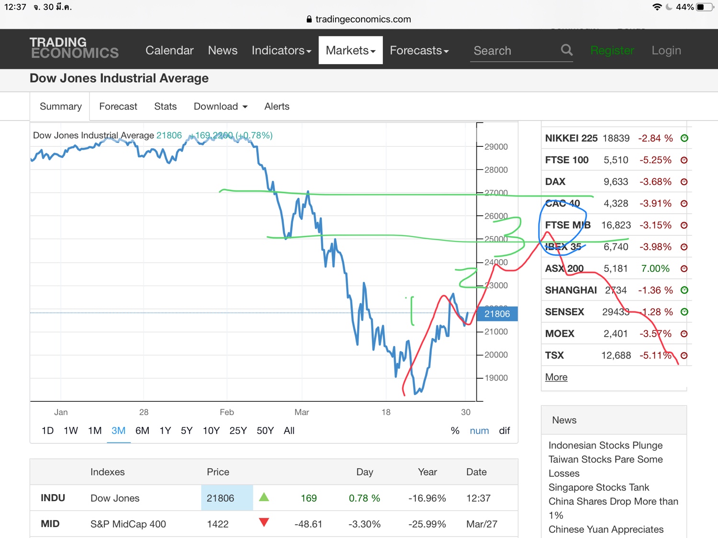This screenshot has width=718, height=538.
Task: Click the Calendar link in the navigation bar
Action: click(169, 50)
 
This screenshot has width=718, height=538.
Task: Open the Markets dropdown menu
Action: click(350, 50)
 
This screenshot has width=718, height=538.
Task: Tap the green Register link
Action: click(612, 50)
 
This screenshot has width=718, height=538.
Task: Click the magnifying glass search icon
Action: click(567, 50)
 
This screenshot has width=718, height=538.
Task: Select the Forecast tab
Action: click(118, 106)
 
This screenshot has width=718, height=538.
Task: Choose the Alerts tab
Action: click(277, 106)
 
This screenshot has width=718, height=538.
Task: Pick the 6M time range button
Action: click(142, 430)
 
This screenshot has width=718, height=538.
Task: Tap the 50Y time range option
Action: click(265, 430)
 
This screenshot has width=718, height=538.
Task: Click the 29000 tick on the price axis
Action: click(496, 147)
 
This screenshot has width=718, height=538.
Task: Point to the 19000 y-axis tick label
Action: click(496, 378)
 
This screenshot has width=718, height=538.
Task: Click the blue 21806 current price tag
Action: click(497, 314)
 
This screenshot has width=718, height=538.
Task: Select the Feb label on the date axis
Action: click(227, 412)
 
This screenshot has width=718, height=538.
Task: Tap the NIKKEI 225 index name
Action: click(571, 138)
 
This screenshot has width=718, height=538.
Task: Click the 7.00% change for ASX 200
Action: click(655, 268)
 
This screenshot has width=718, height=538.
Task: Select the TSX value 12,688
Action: click(616, 355)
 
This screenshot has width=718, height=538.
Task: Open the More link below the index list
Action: click(556, 377)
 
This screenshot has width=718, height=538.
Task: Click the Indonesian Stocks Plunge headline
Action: click(606, 445)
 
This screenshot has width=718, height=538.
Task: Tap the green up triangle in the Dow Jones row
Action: click(264, 497)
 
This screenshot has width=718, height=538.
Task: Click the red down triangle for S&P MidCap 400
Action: click(264, 522)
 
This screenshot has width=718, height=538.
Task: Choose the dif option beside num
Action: click(505, 430)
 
